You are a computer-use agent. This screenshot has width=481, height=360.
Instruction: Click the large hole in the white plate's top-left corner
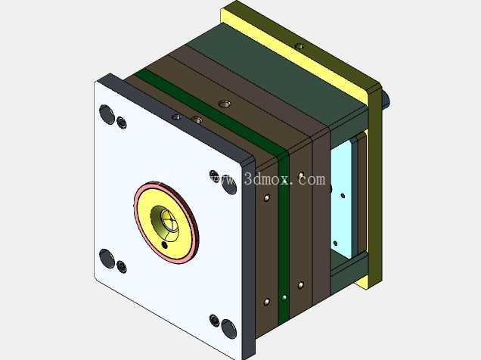(x=107, y=114)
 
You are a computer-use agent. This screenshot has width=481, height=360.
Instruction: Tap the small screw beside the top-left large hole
(x=122, y=123)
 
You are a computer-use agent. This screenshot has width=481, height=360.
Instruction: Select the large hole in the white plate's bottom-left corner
(x=107, y=259)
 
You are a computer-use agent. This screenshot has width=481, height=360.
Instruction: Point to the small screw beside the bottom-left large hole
(x=122, y=267)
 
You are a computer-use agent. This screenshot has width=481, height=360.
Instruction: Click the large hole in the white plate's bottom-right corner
(x=228, y=329)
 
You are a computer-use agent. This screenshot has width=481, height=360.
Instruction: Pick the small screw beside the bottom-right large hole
(x=215, y=321)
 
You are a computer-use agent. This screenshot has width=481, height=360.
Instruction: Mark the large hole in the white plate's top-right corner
(x=229, y=185)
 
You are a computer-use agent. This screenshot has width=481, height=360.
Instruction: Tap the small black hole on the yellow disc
(x=165, y=245)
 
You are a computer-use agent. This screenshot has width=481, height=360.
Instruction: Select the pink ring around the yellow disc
(x=137, y=215)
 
